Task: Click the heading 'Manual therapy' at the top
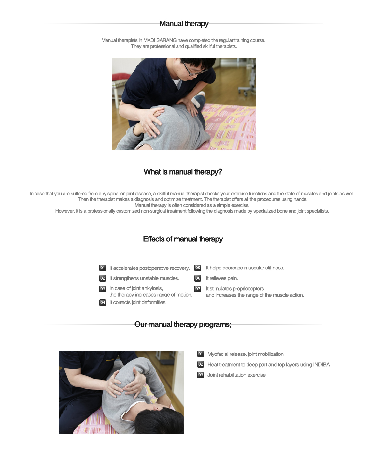click(184, 24)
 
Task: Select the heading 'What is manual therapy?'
click(183, 172)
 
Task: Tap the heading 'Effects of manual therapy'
click(183, 239)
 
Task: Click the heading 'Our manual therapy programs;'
click(183, 324)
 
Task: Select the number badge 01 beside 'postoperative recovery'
click(103, 268)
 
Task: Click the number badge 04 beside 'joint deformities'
click(103, 302)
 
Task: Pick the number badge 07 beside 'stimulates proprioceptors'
click(198, 289)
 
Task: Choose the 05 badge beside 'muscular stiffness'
click(198, 268)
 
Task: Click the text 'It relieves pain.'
click(222, 278)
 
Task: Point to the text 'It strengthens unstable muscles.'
click(144, 278)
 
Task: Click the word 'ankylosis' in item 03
click(152, 288)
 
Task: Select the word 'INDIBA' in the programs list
click(321, 365)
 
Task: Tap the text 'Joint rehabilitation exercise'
click(236, 375)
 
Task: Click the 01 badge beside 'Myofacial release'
click(201, 354)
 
